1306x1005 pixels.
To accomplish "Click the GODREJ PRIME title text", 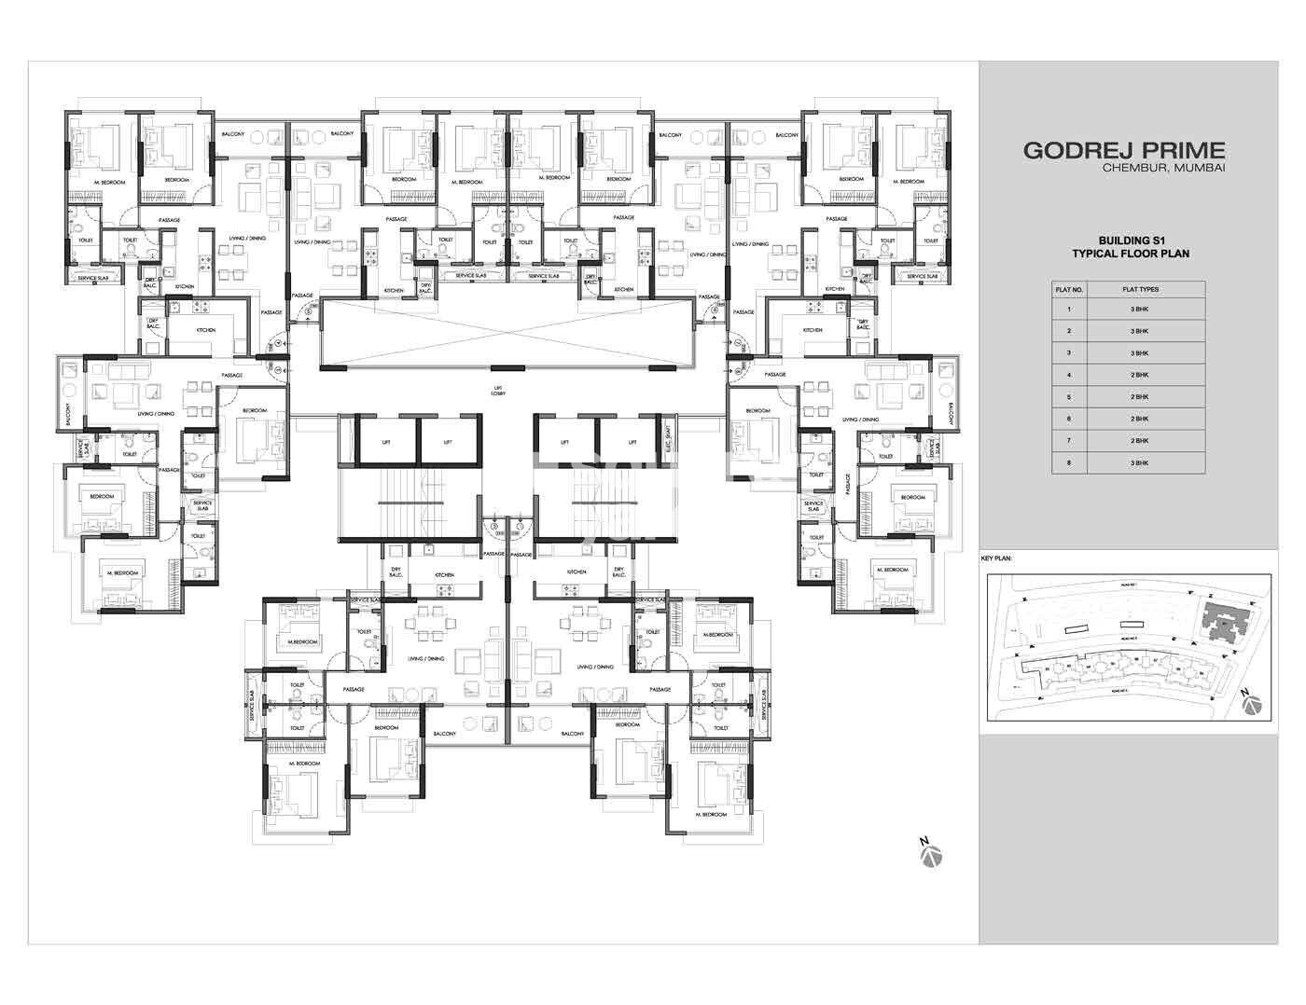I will coord(1123,150).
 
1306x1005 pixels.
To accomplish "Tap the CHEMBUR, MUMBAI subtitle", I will coord(1162,168).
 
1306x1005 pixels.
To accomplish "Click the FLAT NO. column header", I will coord(1069,290).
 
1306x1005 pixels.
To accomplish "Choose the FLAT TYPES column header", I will coord(1140,290).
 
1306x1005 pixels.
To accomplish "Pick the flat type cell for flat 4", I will coord(1140,375).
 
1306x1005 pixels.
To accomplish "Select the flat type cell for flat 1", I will coord(1140,309).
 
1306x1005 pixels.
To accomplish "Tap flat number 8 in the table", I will coord(1069,462).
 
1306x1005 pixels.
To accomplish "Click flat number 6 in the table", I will coord(1069,419).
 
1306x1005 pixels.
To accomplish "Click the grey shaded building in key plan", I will coord(1218,619).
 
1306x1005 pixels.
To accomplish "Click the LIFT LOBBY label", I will coord(499,391).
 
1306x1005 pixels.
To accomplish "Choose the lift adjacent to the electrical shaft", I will coord(631,441).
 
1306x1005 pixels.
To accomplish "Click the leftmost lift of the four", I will coord(385,441).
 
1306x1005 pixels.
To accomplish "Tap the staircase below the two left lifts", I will coord(410,503).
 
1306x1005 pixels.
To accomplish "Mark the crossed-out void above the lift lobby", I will coord(508,333).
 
